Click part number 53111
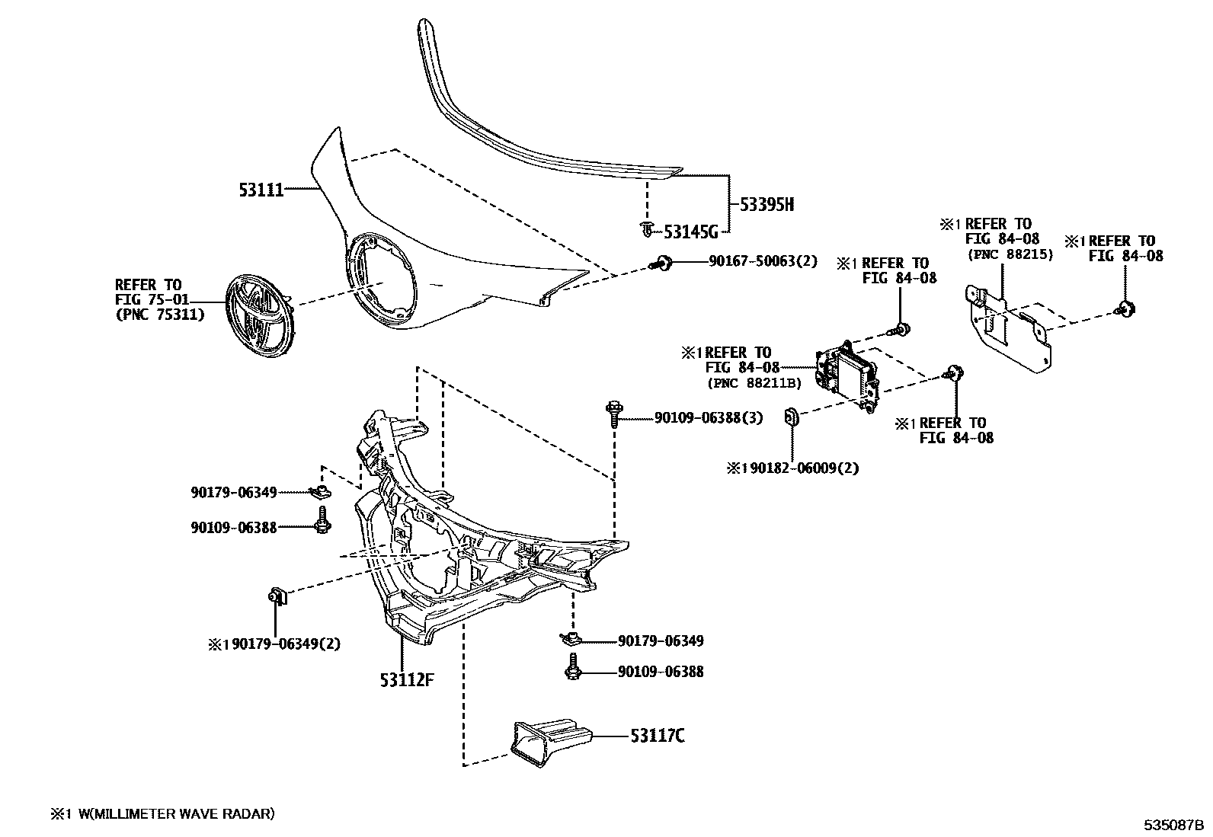pyautogui.click(x=261, y=190)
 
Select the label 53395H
pyautogui.click(x=767, y=204)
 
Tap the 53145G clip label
pyautogui.click(x=691, y=231)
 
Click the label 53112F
pyautogui.click(x=407, y=679)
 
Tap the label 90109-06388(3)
pyautogui.click(x=709, y=417)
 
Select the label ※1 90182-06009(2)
pyautogui.click(x=792, y=468)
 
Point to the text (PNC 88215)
pyautogui.click(x=1010, y=254)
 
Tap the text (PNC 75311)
pyautogui.click(x=160, y=314)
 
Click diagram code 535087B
pyautogui.click(x=1172, y=825)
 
